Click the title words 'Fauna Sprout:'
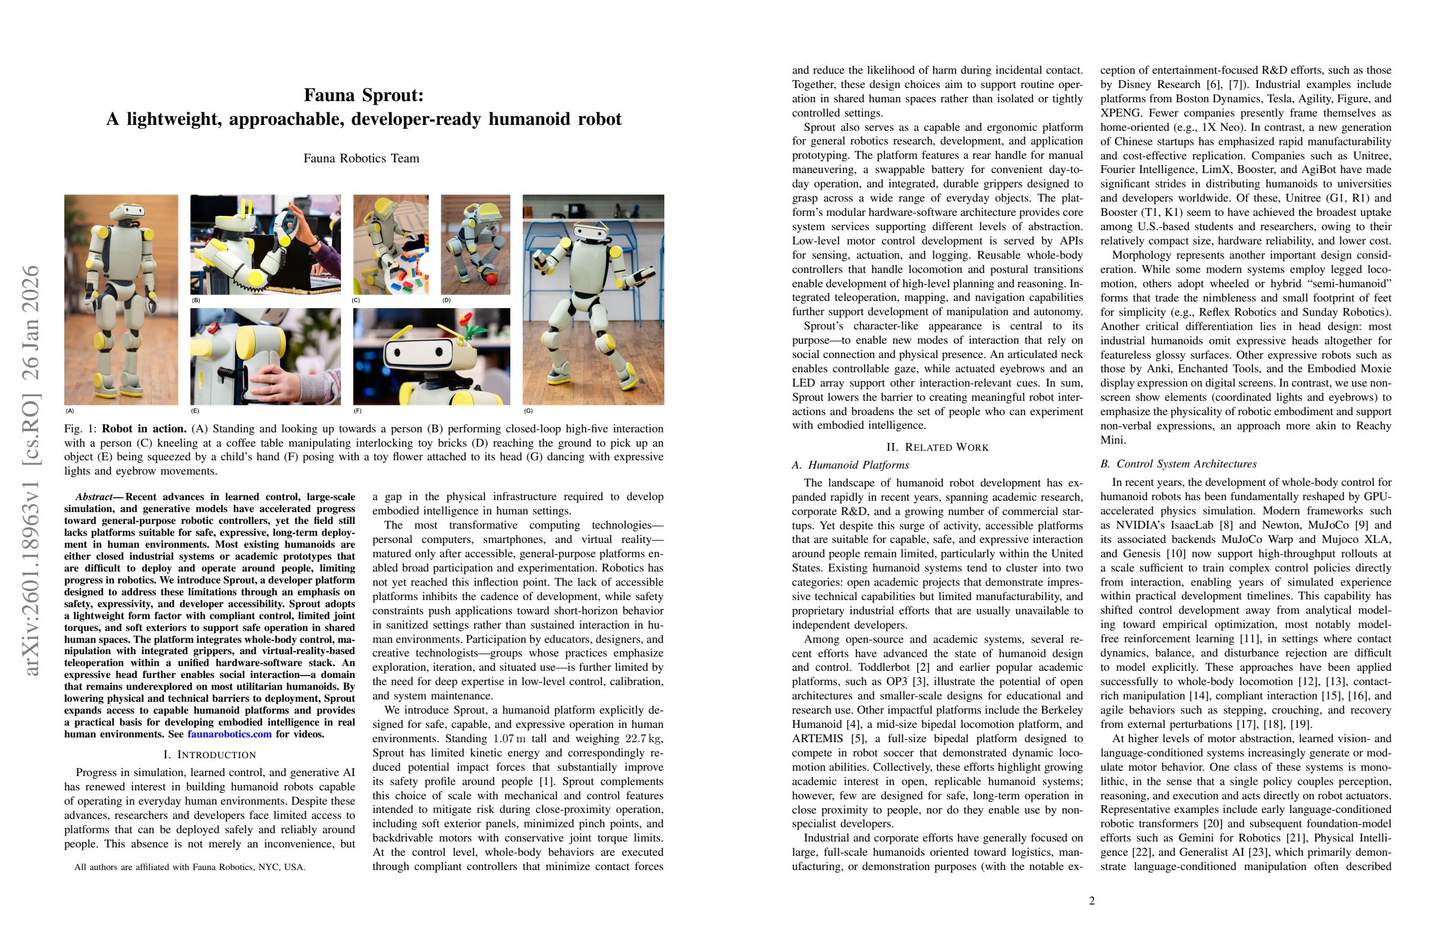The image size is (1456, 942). click(363, 95)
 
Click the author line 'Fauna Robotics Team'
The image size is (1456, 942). click(361, 158)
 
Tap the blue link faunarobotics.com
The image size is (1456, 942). click(230, 734)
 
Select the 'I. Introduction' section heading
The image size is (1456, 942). click(210, 755)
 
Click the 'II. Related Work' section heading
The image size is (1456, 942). click(937, 447)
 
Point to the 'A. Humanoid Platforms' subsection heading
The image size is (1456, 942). click(851, 465)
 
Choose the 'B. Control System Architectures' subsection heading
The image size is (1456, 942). click(1178, 464)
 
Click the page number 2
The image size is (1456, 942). click(1092, 901)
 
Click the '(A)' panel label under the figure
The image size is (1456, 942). click(70, 411)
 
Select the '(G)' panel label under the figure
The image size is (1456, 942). click(528, 411)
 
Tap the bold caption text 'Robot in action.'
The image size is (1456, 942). click(145, 429)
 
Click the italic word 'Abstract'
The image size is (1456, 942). click(94, 497)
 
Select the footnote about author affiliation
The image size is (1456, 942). click(190, 866)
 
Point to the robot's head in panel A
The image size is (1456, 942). click(127, 212)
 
